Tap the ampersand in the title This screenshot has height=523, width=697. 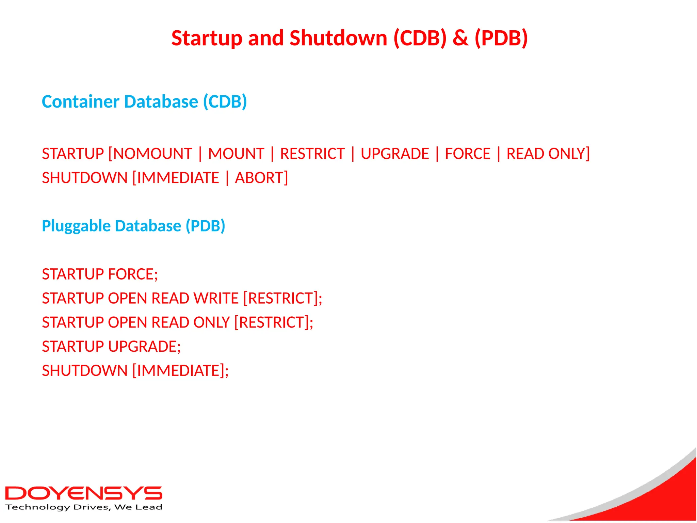(460, 38)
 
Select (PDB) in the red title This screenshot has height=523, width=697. (501, 38)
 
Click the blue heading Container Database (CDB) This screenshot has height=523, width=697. (144, 102)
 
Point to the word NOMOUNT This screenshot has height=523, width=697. (152, 154)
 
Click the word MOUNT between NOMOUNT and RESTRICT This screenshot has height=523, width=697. (236, 154)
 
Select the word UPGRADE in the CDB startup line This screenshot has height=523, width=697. (395, 154)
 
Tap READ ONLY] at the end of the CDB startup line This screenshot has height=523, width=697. (548, 154)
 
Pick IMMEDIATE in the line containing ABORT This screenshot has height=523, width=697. (178, 178)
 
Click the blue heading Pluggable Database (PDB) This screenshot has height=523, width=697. (133, 226)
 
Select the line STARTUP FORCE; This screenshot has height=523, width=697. (100, 274)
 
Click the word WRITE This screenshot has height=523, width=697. (216, 299)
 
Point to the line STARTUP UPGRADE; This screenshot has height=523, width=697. (111, 347)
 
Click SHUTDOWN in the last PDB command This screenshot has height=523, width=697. (85, 371)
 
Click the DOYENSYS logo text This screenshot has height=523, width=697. (84, 493)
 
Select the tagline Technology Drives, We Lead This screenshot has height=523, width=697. (84, 507)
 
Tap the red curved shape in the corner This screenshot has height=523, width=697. (667, 497)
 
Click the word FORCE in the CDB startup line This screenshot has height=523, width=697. (468, 154)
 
